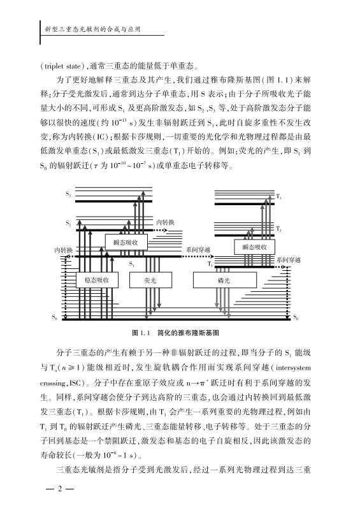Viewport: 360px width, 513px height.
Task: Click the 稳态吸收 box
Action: coord(97,280)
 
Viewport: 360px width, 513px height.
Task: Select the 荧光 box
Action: coord(150,280)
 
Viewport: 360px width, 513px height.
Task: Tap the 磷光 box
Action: coord(225,280)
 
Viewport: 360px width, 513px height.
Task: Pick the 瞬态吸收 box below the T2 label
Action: coord(254,247)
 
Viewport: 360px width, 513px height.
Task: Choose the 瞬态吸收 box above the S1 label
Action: coord(126,242)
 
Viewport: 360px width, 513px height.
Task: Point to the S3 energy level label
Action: coord(68,194)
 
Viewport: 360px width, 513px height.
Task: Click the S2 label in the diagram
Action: coord(68,224)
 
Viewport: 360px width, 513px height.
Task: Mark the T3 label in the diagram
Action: coord(278,197)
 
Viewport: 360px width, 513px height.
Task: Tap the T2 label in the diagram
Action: coord(278,229)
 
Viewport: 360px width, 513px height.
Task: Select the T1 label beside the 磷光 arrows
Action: coord(210,264)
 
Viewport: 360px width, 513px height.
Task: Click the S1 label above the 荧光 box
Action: coord(132,264)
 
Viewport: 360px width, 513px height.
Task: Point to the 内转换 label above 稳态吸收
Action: coord(64,250)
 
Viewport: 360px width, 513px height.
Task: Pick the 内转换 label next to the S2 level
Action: coord(166,222)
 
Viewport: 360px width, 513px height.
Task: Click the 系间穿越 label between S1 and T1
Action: coord(198,250)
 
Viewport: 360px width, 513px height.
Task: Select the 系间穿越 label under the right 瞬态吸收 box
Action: coord(289,260)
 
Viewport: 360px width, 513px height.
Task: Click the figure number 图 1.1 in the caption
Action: coord(141,333)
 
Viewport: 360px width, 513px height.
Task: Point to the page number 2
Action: coord(59,489)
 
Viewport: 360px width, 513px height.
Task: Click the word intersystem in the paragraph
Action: coord(293,368)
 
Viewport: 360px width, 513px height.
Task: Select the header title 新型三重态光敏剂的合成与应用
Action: coord(92,29)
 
